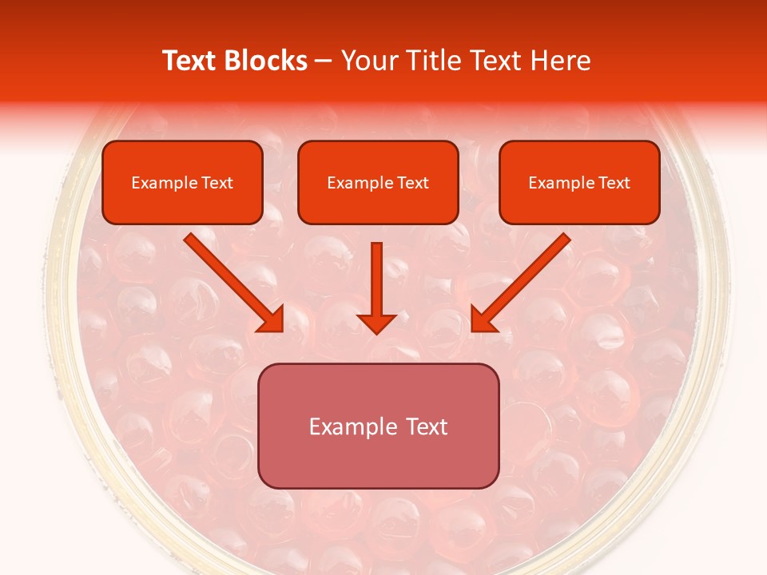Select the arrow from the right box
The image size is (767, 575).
(x=523, y=280)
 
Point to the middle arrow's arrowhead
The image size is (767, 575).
(x=376, y=323)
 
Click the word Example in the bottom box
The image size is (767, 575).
(x=351, y=426)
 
